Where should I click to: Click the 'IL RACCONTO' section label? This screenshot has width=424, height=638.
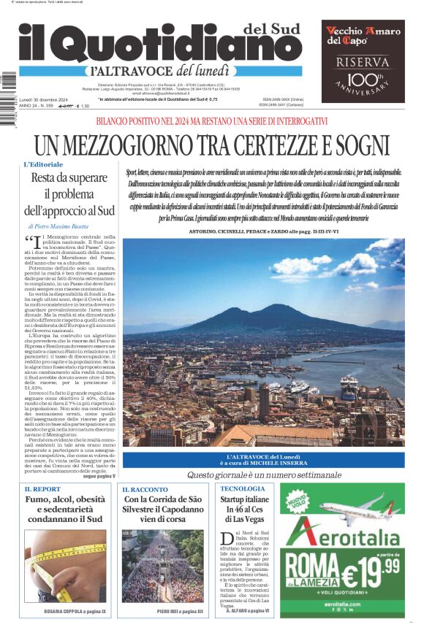(x=145, y=488)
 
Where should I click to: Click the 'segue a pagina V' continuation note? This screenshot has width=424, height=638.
(x=99, y=475)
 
